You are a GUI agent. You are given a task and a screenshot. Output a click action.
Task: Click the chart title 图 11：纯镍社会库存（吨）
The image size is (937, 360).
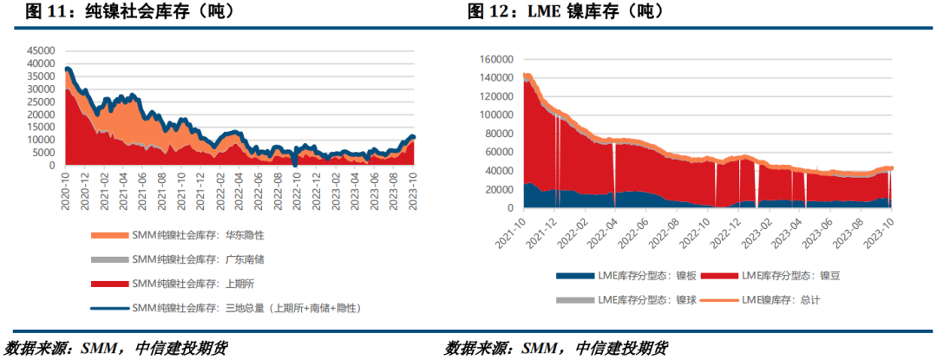(118, 11)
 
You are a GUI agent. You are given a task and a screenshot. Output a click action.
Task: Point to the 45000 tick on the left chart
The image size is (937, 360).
(40, 50)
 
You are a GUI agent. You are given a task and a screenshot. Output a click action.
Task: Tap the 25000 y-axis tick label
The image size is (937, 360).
(40, 101)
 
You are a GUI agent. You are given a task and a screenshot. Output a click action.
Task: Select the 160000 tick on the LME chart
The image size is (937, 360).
(492, 59)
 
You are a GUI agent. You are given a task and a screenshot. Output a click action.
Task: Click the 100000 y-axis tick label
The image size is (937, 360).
(492, 115)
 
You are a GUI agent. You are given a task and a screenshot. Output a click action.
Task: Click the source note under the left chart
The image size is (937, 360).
(116, 348)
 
